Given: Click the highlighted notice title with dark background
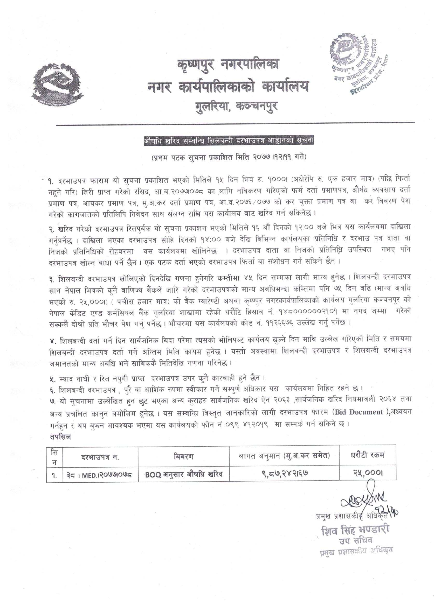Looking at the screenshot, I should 228,141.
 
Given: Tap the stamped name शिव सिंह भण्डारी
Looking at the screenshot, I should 356,537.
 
